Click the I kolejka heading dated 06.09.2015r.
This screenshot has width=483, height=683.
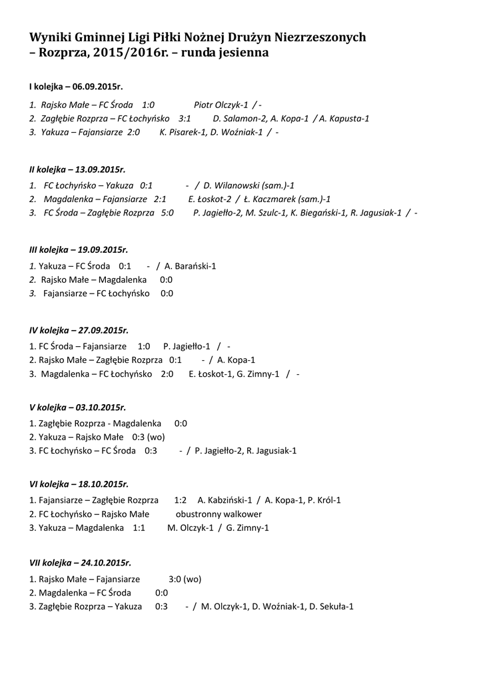(x=76, y=87)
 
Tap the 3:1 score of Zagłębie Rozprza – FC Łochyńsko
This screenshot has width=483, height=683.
(x=185, y=119)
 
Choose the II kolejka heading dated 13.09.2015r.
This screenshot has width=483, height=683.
(x=77, y=170)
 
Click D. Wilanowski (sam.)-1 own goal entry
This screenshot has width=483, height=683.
(x=249, y=185)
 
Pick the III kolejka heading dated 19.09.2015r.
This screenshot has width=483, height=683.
(x=79, y=250)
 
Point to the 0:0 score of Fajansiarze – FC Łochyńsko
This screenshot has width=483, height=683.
(x=167, y=293)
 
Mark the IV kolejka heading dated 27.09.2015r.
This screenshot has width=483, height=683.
(x=79, y=330)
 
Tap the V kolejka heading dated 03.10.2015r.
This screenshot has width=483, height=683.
(x=77, y=407)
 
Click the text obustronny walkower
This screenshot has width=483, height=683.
(x=219, y=514)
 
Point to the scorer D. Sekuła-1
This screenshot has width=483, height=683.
(x=331, y=606)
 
